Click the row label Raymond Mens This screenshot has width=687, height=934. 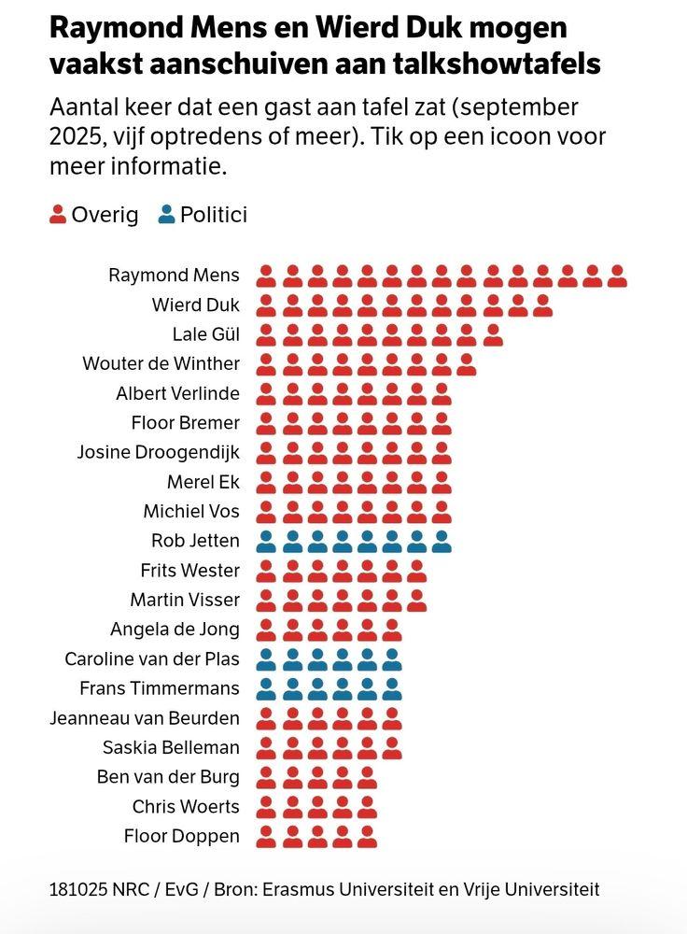tap(174, 276)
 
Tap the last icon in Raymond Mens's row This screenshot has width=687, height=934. tap(617, 276)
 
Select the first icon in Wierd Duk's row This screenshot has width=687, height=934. tap(266, 305)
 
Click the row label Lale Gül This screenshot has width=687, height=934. tap(205, 334)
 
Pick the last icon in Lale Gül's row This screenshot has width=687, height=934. tap(493, 334)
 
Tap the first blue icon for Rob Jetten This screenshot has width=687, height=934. tap(266, 541)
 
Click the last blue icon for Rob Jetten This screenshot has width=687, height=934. tap(442, 541)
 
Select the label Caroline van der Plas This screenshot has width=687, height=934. tap(152, 659)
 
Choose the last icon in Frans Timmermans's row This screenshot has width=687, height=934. tap(392, 689)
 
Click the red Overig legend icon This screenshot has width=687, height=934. tap(58, 215)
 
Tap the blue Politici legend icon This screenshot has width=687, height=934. tap(167, 215)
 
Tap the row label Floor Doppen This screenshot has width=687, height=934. tap(181, 836)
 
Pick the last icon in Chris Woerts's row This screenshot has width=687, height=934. tap(367, 807)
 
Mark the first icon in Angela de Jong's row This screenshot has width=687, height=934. tap(266, 630)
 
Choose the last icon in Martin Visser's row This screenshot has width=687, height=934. tap(417, 600)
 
